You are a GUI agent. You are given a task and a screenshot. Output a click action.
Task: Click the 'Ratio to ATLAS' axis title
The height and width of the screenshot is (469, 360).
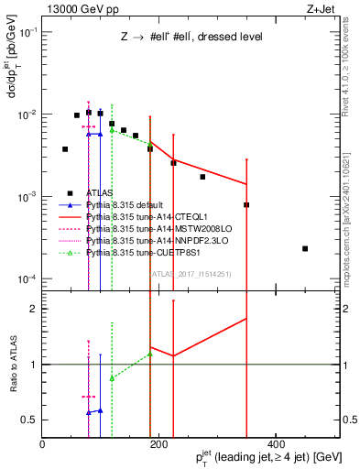12,365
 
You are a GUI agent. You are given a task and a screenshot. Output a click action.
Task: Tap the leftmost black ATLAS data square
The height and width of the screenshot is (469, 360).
65,149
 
